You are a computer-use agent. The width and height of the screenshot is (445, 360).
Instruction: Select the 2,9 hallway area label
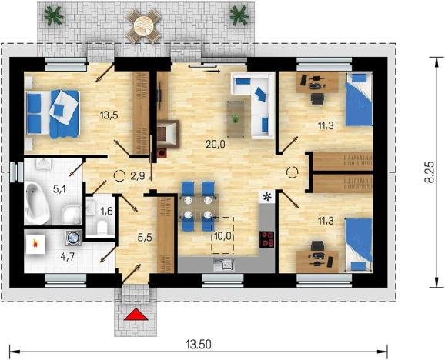point(138,176)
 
